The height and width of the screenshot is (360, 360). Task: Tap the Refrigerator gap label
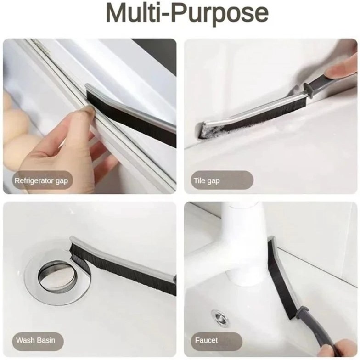(41, 181)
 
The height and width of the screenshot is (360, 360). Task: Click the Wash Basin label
(36, 340)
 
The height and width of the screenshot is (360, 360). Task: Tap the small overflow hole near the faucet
(219, 318)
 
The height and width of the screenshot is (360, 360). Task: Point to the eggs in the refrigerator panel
(13, 129)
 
